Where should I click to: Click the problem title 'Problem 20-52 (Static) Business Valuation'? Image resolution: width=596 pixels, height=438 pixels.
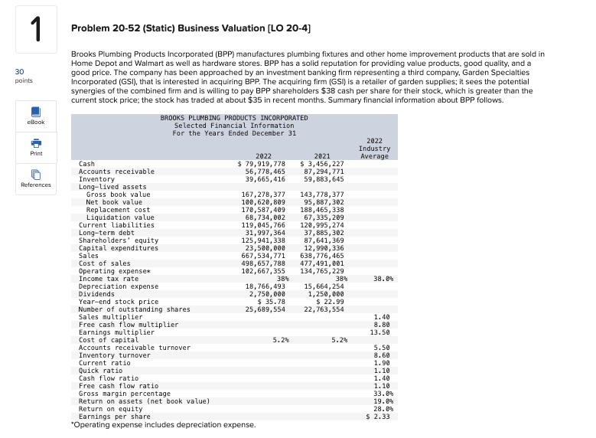191,28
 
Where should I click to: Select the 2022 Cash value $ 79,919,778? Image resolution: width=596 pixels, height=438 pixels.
262,164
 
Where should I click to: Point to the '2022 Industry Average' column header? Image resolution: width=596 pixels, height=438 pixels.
373,149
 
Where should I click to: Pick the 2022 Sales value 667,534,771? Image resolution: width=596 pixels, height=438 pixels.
263,256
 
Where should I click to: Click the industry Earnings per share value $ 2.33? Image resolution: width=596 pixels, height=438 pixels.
379,417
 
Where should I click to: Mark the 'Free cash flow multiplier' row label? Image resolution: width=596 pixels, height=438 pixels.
129,325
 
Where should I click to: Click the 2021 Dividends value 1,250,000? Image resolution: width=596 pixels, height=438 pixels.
325,294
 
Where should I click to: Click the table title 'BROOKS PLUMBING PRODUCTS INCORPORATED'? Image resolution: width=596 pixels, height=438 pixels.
234,118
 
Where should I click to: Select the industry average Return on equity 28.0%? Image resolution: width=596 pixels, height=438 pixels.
379,409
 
